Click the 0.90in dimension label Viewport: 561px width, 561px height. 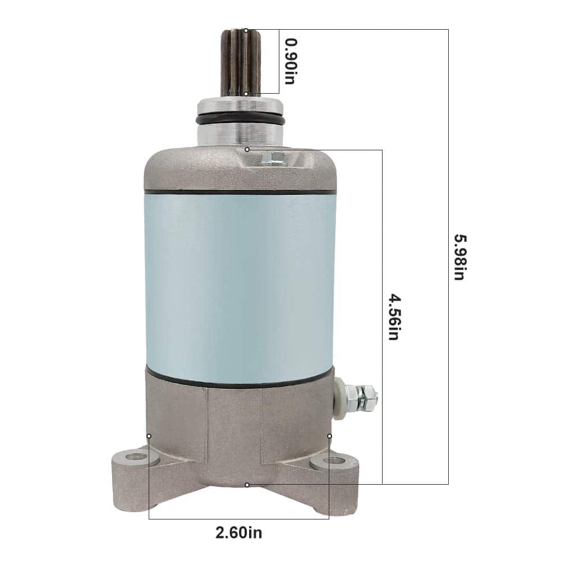coord(291,61)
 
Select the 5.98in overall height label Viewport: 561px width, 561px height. coord(461,257)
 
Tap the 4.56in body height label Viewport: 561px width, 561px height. coord(394,318)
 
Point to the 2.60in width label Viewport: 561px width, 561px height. coord(238,533)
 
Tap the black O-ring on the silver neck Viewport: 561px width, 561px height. coord(241,120)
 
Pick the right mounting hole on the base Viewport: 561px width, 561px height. coord(334,460)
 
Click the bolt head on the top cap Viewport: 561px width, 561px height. coord(273,158)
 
